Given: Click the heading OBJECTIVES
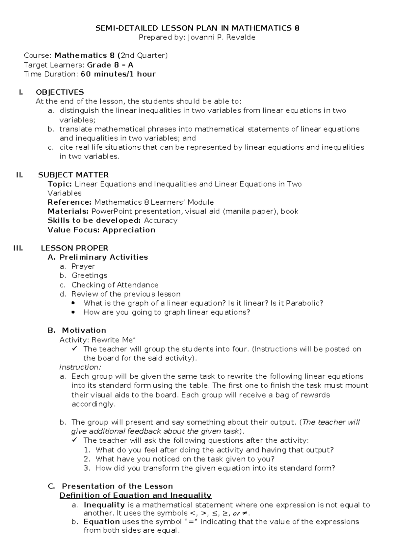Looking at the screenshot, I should [60, 92].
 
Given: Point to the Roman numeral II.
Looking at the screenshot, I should [19, 175].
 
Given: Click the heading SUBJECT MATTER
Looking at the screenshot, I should [73, 175].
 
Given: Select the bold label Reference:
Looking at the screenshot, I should [69, 202].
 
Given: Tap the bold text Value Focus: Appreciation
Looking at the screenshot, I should [101, 230].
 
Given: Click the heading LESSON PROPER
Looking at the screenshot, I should [74, 248].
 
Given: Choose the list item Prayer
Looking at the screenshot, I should [83, 266].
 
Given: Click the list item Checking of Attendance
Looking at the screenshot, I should [115, 285].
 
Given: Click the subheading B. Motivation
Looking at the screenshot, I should [77, 330].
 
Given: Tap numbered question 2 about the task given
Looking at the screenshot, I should [185, 459].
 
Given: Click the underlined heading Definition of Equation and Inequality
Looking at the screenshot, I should [135, 495].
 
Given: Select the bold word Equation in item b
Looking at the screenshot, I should [101, 522].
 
